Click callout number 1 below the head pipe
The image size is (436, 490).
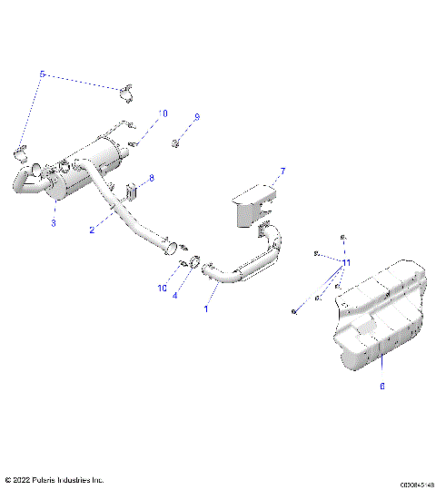coord(205,309)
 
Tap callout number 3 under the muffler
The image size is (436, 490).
coord(53,222)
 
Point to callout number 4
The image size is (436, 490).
coord(175,295)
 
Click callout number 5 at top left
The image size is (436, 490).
coord(42,73)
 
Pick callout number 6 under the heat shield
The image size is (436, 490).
coord(381,387)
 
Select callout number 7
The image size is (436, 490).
coord(282,171)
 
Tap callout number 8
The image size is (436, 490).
coord(152,179)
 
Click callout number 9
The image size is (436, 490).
coord(196,117)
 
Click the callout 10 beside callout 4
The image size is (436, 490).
coord(162,288)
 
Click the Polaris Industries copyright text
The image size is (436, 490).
coord(54,479)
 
